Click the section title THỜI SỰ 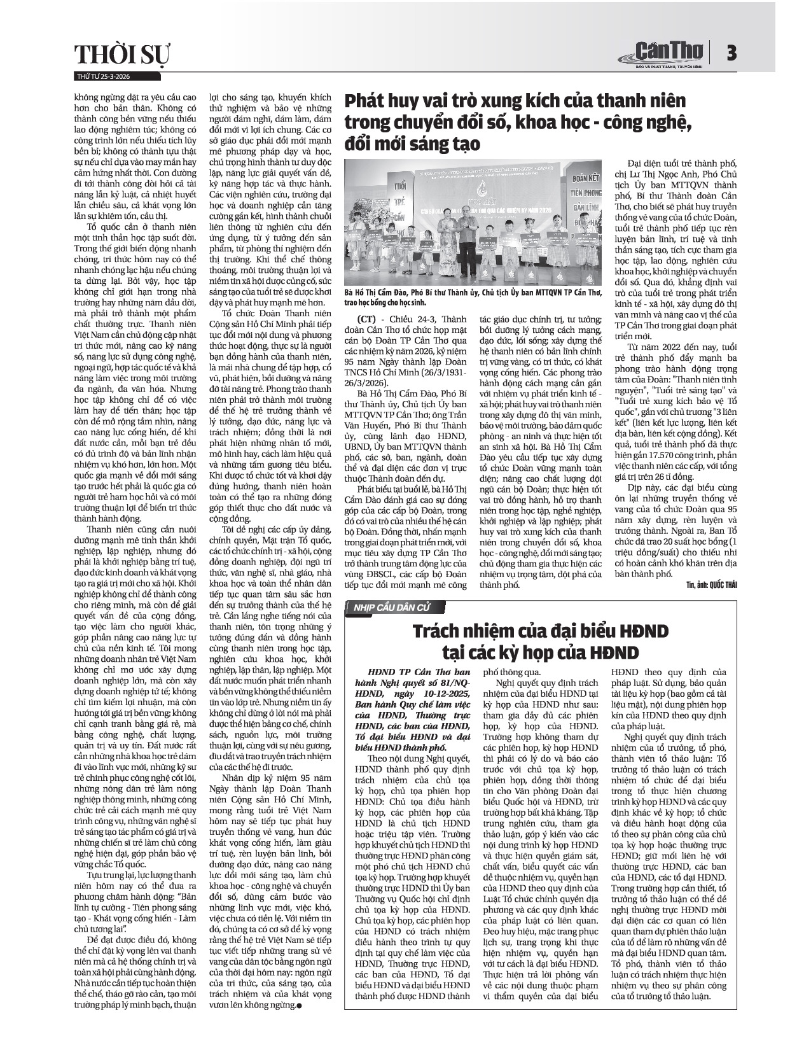click(x=123, y=55)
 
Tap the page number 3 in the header click(x=731, y=53)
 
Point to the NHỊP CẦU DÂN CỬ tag click(x=387, y=608)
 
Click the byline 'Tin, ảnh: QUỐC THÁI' click(x=710, y=585)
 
